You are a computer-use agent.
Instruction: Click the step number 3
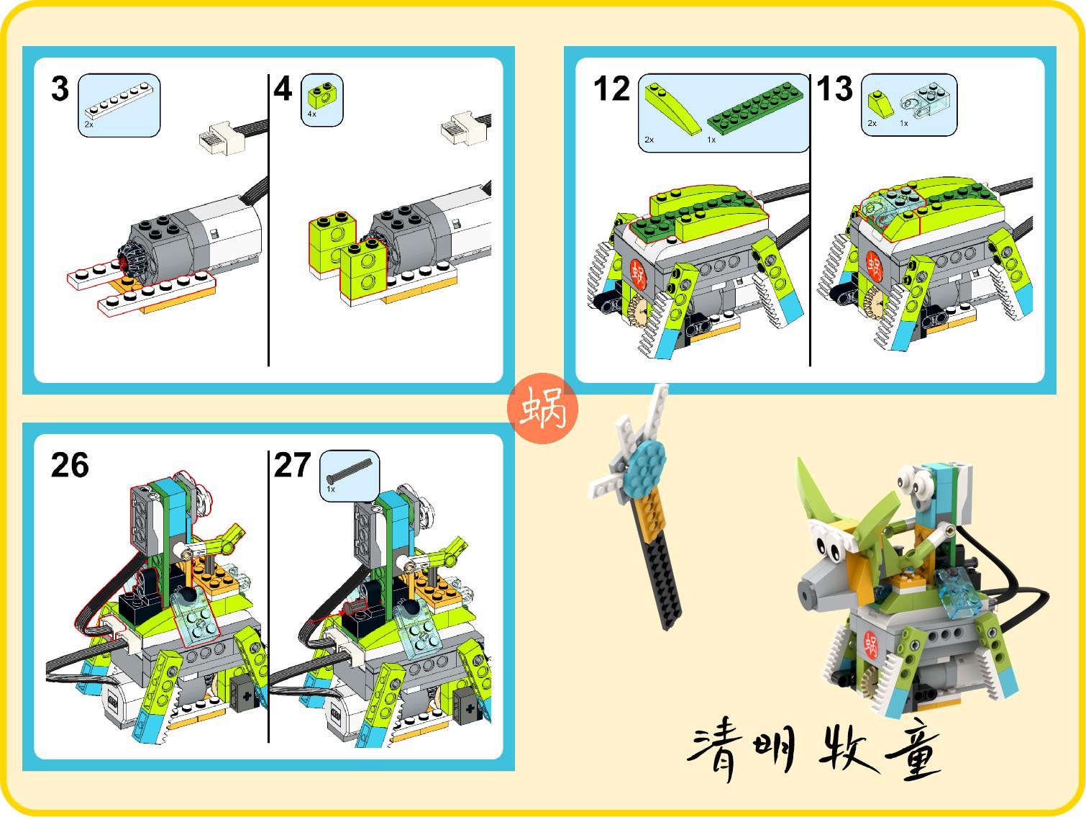tap(60, 89)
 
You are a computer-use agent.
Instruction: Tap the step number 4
tap(283, 90)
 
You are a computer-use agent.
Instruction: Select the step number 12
tap(611, 89)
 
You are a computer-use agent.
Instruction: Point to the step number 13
tap(834, 89)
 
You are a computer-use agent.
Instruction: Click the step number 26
tap(70, 466)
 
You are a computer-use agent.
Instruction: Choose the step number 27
tap(292, 466)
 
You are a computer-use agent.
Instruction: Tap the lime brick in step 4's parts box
tap(321, 94)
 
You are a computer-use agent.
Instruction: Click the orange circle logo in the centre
tap(542, 408)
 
